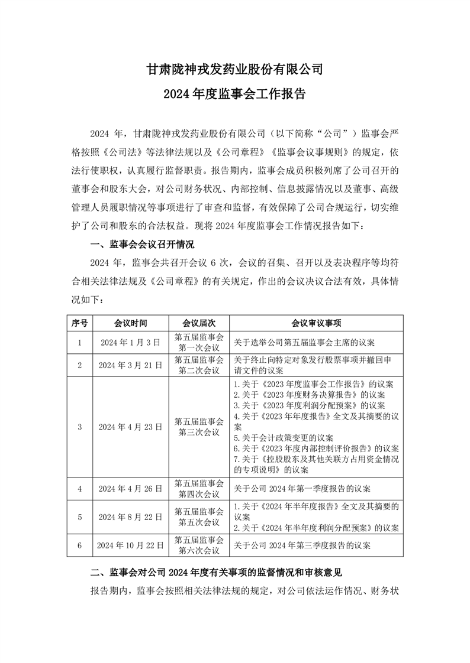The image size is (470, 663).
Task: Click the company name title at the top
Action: (x=235, y=70)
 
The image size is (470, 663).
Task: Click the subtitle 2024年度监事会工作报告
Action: (x=235, y=95)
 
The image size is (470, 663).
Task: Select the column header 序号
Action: (x=79, y=323)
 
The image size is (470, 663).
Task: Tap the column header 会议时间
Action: (x=131, y=323)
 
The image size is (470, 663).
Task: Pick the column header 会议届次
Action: (x=199, y=323)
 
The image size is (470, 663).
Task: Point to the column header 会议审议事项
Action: (x=316, y=323)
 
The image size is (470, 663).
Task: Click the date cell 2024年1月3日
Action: (x=131, y=342)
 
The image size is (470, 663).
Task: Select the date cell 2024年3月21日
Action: (x=131, y=365)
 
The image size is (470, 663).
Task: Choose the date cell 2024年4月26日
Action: (x=131, y=488)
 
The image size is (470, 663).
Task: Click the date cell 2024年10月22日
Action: (x=131, y=545)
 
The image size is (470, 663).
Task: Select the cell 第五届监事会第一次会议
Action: (x=199, y=342)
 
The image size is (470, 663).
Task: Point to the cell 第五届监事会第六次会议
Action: (x=199, y=545)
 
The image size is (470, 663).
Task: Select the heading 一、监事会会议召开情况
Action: (x=141, y=244)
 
